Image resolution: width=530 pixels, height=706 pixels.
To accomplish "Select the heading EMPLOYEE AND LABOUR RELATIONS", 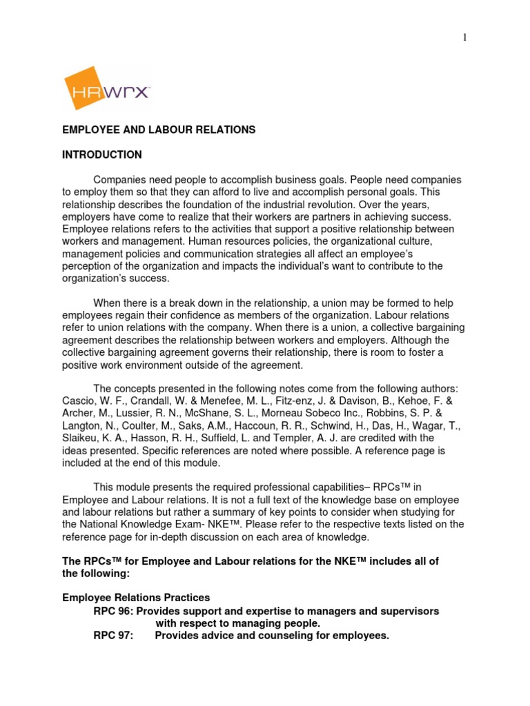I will [159, 130].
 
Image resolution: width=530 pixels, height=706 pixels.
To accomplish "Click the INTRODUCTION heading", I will [102, 154].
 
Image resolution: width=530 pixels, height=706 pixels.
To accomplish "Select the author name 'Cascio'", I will [78, 401].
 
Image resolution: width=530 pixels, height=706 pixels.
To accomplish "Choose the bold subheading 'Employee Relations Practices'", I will [136, 597].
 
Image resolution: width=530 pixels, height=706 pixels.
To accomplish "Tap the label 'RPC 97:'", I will [113, 636].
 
